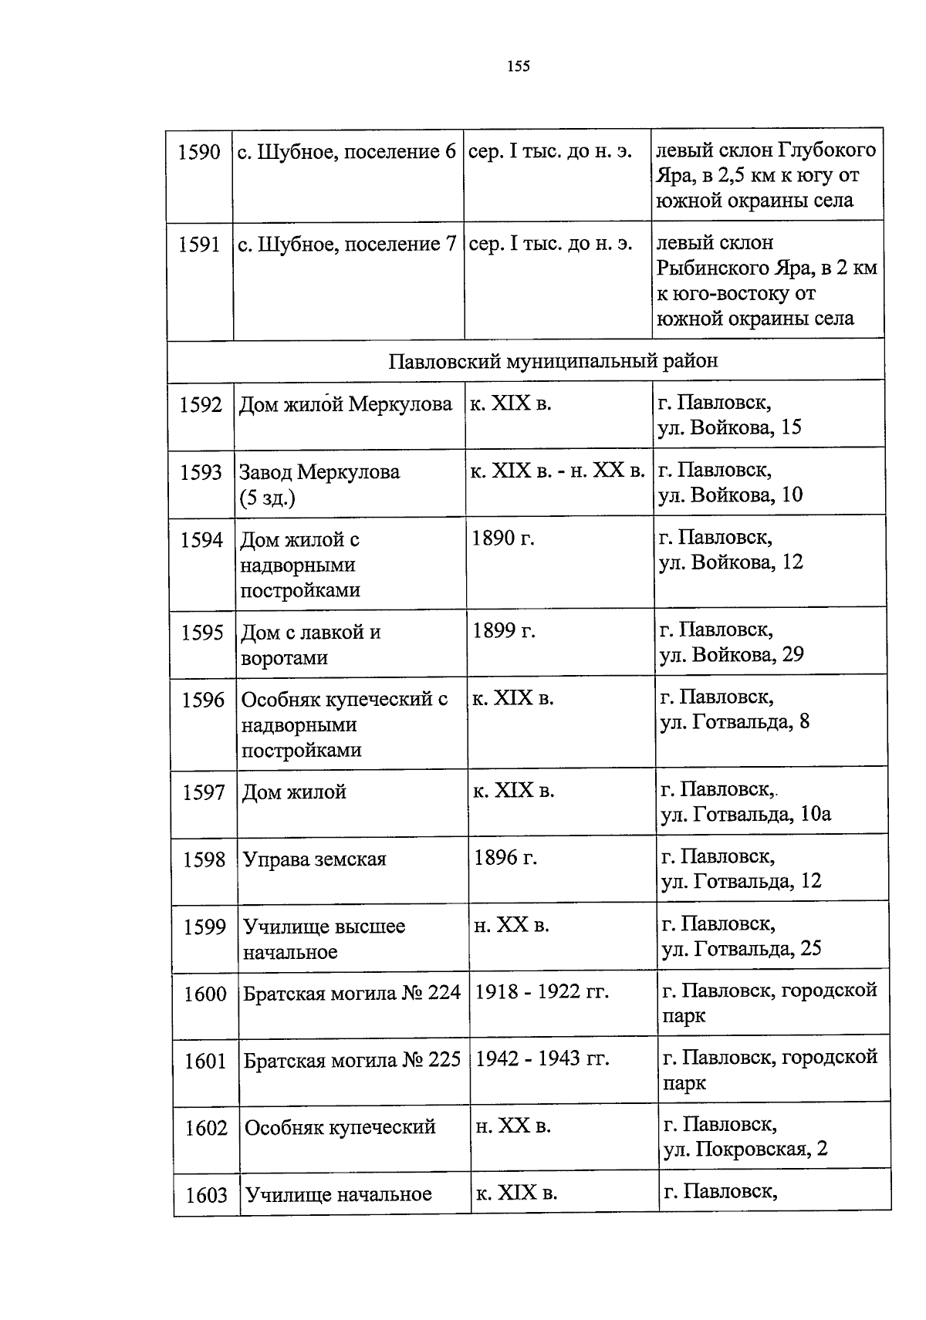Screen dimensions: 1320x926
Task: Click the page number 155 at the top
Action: [x=519, y=66]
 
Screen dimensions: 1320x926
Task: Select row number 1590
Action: [x=199, y=152]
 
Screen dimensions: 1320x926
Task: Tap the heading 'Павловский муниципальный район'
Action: [x=553, y=360]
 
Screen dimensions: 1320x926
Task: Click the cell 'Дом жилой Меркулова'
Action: [x=346, y=404]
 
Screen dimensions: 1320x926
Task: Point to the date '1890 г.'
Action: [x=503, y=538]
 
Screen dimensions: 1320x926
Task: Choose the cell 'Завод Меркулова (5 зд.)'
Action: [x=319, y=484]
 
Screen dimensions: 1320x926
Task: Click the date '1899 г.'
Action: [x=505, y=631]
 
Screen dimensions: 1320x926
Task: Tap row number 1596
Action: [x=203, y=700]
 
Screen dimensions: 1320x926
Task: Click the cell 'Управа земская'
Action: [x=315, y=859]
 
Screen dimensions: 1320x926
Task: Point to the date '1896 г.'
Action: [x=506, y=858]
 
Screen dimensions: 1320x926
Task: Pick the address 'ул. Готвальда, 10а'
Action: [x=745, y=814]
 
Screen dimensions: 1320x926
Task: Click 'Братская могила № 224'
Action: [x=352, y=994]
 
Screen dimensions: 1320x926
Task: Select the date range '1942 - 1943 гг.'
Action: [x=542, y=1059]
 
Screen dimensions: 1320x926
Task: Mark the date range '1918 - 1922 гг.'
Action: [x=542, y=992]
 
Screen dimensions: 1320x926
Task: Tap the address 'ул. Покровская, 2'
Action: [x=745, y=1150]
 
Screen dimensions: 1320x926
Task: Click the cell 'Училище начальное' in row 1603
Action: [x=339, y=1195]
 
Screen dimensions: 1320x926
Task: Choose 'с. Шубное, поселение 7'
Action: [x=347, y=245]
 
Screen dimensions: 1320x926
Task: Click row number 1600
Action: [x=205, y=994]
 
